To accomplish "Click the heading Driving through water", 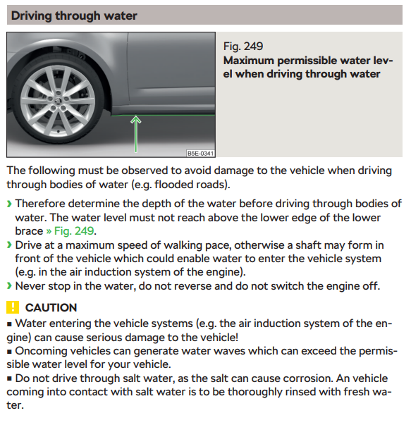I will coord(74,15).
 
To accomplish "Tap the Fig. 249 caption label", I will coord(243,47).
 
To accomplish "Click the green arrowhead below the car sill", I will coord(137,121).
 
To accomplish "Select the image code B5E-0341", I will coord(200,153).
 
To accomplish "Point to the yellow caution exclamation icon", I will coord(12,307).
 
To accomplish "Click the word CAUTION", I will coord(51,307).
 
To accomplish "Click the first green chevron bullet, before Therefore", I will coord(8,204).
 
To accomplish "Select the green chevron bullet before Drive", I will coord(8,245).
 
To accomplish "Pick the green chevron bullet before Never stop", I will coord(8,286).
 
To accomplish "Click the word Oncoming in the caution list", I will coord(41,351).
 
